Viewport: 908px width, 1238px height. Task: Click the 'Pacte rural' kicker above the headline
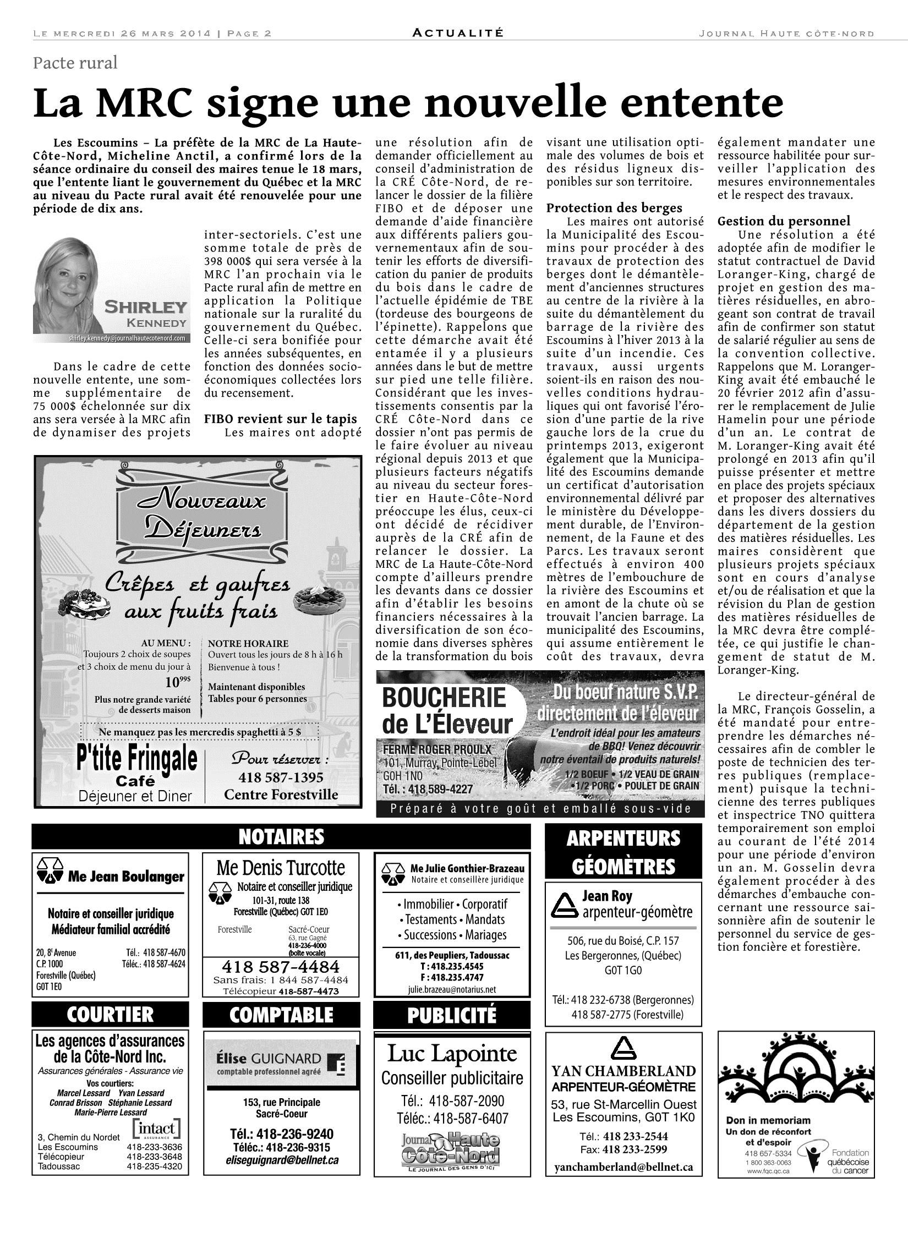[x=75, y=63]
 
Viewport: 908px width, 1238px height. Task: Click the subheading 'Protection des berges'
[x=614, y=207]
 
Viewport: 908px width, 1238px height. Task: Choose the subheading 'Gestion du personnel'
[x=784, y=221]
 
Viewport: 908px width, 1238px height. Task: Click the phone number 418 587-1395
[x=281, y=777]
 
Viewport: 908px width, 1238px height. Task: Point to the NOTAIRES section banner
[x=281, y=837]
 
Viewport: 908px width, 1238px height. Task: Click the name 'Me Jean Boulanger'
[x=125, y=877]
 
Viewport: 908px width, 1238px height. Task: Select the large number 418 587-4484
[x=281, y=967]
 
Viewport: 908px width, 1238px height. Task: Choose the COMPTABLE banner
[x=281, y=1014]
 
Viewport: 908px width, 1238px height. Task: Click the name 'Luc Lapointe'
[x=452, y=1053]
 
